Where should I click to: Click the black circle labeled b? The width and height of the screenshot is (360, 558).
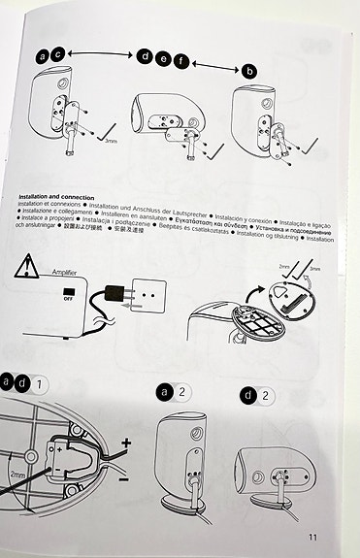(250, 70)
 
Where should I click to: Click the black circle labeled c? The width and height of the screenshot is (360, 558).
(58, 56)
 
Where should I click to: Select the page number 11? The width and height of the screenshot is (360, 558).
(311, 535)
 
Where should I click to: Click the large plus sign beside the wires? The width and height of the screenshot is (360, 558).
(125, 442)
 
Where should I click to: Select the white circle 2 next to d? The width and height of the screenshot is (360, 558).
(267, 395)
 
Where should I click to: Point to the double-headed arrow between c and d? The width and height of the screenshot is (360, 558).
(103, 56)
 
